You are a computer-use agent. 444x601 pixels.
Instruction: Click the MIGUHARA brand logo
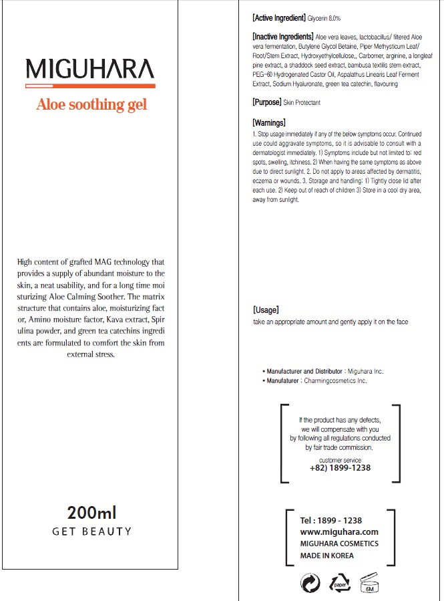(x=90, y=68)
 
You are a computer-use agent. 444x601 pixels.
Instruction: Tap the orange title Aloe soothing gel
(x=91, y=104)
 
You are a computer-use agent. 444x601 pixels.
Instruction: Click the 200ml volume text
(x=92, y=513)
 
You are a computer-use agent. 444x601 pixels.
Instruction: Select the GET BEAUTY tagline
(x=92, y=531)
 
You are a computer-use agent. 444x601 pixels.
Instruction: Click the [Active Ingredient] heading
(x=278, y=17)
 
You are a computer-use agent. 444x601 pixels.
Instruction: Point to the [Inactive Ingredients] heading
(x=282, y=36)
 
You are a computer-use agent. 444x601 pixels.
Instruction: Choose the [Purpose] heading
(x=266, y=102)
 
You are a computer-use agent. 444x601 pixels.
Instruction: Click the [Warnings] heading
(x=269, y=122)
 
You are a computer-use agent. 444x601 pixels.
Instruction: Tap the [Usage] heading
(x=266, y=310)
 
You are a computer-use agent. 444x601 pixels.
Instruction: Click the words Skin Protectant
(x=301, y=103)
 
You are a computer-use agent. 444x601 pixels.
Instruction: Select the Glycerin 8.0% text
(x=324, y=18)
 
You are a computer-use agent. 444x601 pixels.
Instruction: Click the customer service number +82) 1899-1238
(x=340, y=468)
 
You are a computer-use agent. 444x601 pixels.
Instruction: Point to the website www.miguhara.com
(x=339, y=531)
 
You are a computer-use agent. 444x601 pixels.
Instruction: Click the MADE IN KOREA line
(x=327, y=556)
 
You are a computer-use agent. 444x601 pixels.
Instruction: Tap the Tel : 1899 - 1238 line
(x=331, y=520)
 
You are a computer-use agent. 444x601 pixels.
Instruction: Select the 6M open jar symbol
(x=369, y=583)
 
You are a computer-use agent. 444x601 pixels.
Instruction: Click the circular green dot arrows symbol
(x=310, y=583)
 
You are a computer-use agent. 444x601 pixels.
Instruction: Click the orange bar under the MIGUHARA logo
(x=90, y=86)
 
